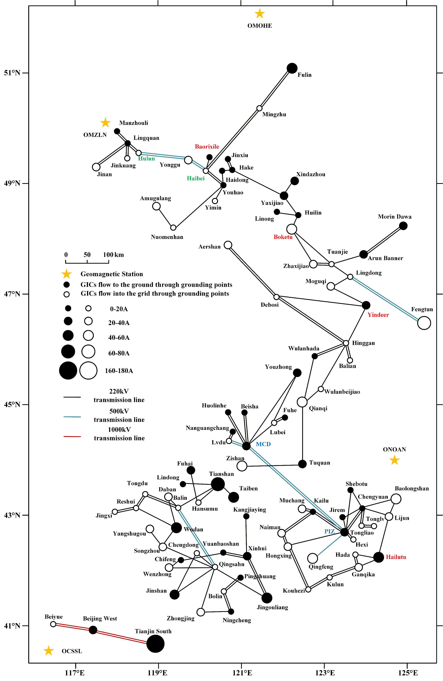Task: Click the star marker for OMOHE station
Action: coord(259,13)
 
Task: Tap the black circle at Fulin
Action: coord(292,68)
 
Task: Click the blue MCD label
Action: coord(263,444)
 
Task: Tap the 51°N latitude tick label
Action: coord(12,73)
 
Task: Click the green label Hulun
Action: coord(146,159)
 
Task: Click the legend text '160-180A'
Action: coord(119,371)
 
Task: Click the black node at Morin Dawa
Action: coord(403,226)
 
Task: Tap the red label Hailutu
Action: coord(396,557)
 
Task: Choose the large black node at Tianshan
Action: coord(218,484)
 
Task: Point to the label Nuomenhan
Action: coord(167,237)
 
